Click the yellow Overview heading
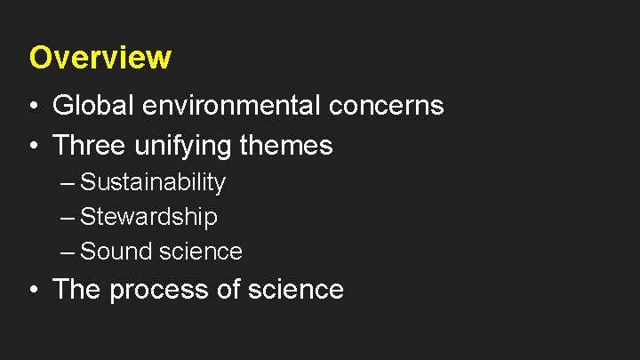tap(100, 58)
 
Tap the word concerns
tap(387, 106)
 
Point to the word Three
tap(87, 145)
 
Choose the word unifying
tap(181, 146)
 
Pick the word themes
tap(286, 145)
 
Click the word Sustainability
tap(153, 183)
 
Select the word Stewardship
tap(148, 217)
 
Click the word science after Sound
tap(201, 252)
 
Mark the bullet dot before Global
tap(33, 107)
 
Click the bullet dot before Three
tap(33, 146)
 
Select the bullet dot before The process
tap(33, 291)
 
